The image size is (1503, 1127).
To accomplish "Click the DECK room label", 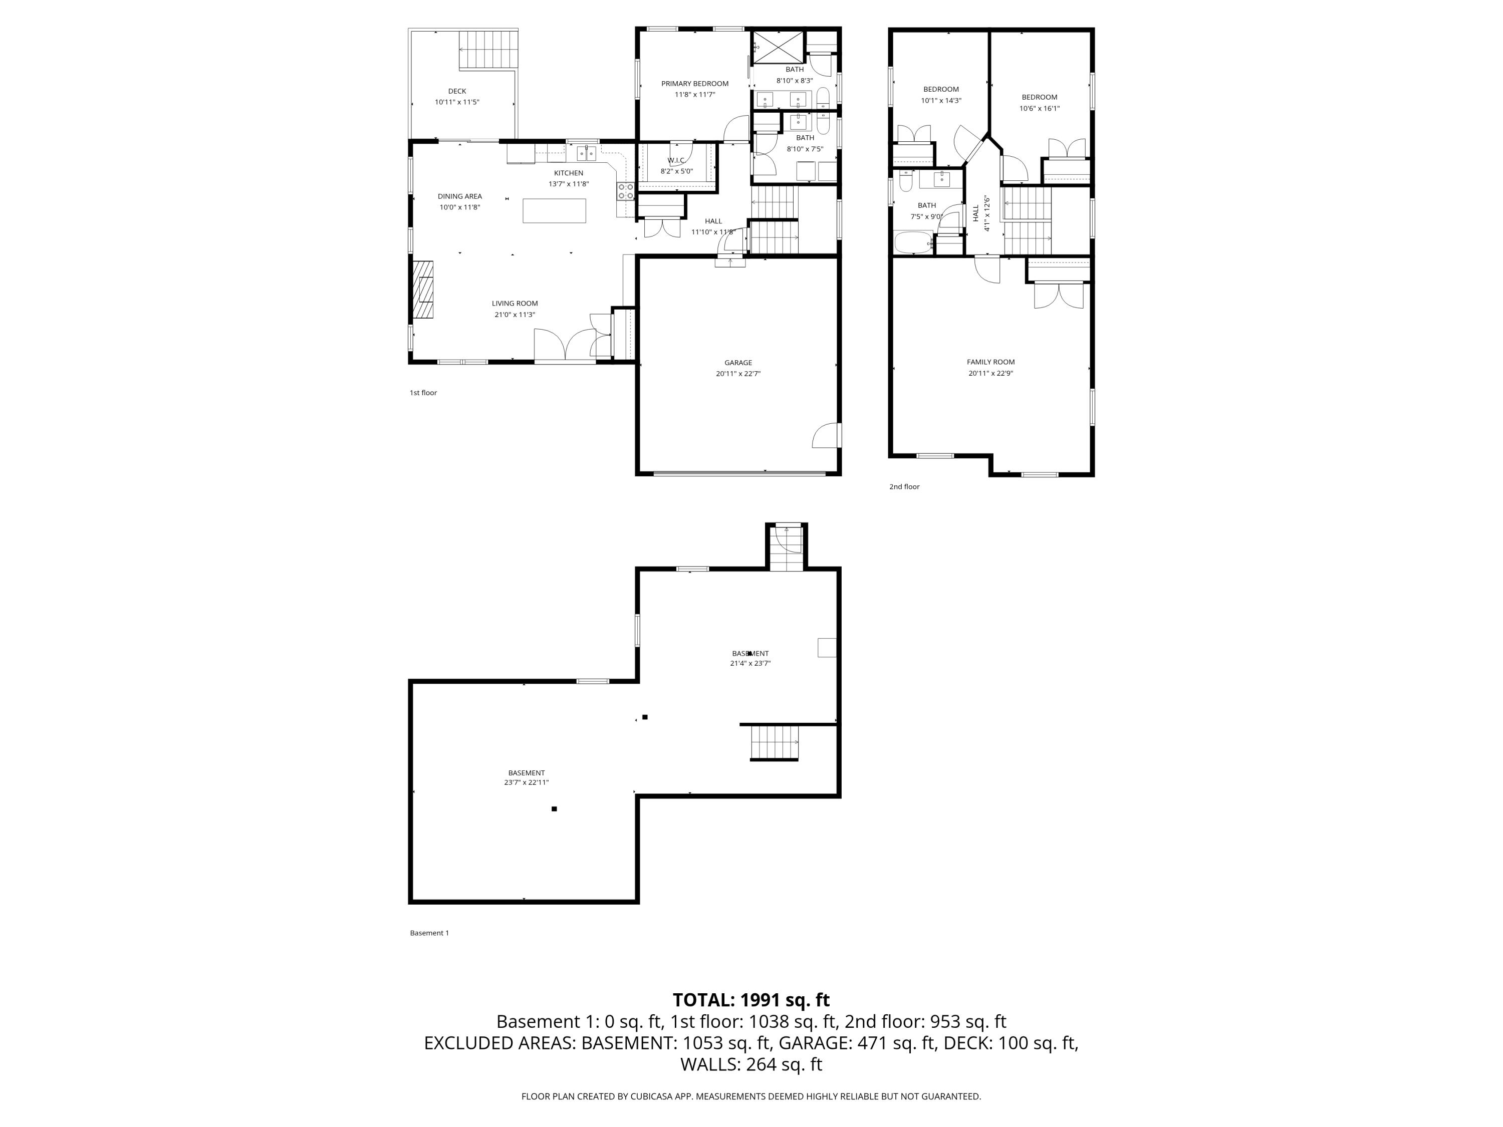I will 456,91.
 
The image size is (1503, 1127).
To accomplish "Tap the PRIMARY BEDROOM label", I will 694,84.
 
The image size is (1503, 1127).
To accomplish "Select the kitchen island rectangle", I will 554,210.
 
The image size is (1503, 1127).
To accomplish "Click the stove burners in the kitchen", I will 626,191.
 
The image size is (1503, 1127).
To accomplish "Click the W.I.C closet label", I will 676,160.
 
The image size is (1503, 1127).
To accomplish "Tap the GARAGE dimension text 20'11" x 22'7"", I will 738,374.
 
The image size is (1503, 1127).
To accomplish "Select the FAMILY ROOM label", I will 990,362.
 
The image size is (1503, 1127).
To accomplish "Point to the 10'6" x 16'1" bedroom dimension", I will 1039,109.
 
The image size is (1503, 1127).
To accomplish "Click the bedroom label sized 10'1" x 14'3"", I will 940,89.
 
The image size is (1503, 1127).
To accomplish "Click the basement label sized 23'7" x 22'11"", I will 526,772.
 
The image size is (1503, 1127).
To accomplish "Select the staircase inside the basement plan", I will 774,742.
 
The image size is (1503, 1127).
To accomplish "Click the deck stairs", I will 484,49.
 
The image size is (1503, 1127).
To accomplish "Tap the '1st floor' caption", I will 423,393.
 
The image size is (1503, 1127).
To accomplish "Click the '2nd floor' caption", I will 904,486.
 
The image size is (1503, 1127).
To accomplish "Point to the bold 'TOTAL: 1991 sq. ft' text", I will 751,1000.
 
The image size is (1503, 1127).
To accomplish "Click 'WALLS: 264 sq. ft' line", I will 751,1064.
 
